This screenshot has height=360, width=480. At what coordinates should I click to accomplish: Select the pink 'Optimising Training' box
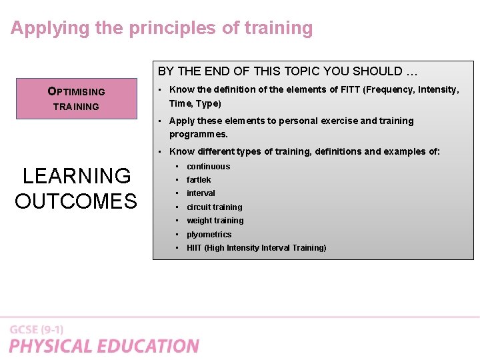(76, 99)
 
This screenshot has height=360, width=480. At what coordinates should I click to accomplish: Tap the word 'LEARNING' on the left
(77, 176)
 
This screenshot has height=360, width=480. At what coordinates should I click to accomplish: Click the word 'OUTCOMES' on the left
(76, 201)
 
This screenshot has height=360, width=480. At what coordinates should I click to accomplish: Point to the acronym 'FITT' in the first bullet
(348, 89)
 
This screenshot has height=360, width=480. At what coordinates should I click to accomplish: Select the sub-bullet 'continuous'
(208, 167)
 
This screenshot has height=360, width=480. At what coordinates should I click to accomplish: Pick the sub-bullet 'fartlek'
(199, 180)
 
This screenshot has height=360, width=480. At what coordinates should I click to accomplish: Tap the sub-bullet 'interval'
(201, 193)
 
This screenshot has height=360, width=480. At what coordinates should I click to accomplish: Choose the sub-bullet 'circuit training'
(214, 207)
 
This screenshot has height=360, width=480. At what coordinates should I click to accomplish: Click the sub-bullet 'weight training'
(215, 221)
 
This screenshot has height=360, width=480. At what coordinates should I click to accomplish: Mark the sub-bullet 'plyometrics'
(209, 235)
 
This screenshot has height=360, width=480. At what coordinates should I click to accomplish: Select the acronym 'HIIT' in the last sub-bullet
(194, 248)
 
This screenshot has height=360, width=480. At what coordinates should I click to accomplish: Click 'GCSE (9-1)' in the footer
(37, 330)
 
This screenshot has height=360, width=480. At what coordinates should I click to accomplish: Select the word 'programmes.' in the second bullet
(199, 134)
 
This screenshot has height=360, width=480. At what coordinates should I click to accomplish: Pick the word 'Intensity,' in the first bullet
(438, 89)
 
